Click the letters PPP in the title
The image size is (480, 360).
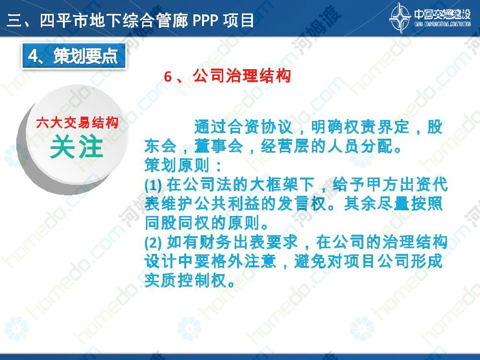pos(205,21)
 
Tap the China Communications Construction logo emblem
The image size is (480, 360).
pos(400,17)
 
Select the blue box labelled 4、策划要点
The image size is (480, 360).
pos(73,56)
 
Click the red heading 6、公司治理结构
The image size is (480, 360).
pos(227,76)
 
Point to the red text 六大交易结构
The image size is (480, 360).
pos(77,123)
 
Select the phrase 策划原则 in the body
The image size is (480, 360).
pos(177,165)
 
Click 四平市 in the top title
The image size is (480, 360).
pos(64,21)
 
